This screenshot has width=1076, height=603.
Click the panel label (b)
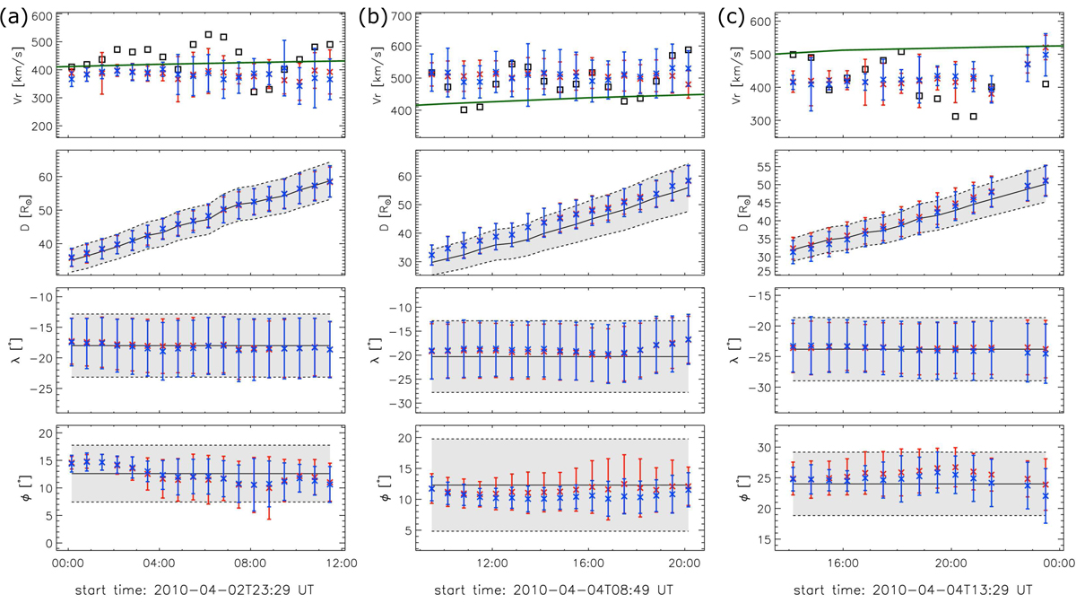tap(373, 13)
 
